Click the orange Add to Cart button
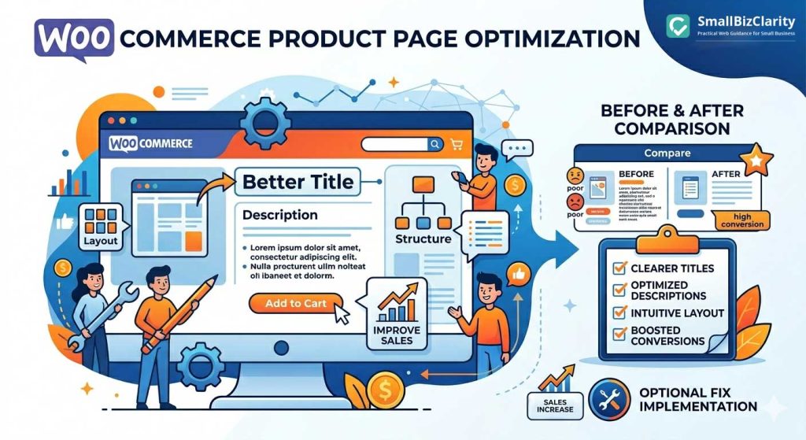296,303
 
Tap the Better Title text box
298,182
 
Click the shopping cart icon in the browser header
456,144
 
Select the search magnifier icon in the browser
434,144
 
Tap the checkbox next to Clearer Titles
619,268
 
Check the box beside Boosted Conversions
619,335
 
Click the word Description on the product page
279,215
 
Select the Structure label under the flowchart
423,238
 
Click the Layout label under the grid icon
100,241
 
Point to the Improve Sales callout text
397,335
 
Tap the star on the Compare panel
756,160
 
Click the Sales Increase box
556,405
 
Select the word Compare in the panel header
667,153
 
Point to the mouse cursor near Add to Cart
342,314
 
